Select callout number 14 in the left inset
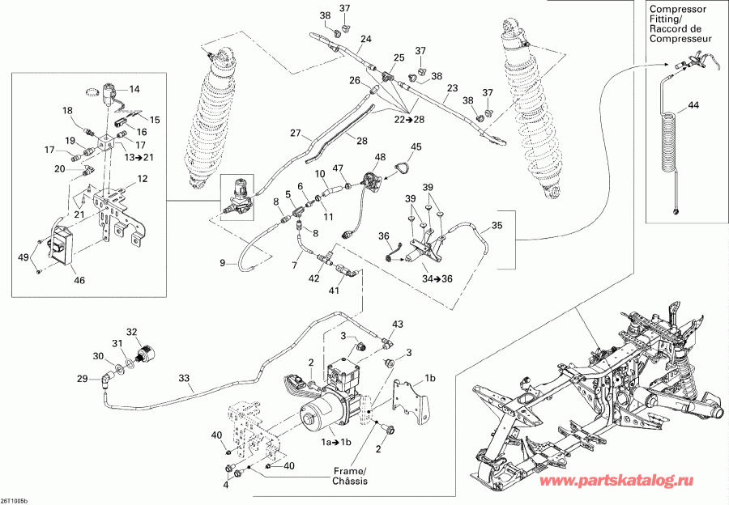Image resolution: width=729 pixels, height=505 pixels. tap(134, 89)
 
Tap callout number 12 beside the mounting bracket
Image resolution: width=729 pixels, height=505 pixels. tap(142, 179)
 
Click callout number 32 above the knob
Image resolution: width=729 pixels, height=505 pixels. tap(132, 331)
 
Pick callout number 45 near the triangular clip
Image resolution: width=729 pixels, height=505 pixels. tap(416, 146)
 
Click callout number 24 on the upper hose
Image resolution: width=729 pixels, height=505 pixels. tap(366, 39)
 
